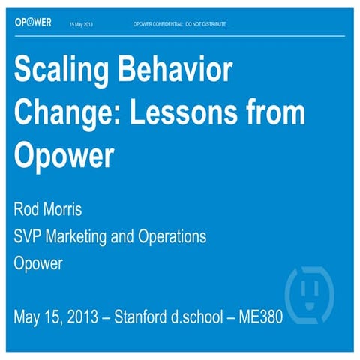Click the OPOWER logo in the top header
[x=33, y=22]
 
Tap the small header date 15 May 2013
[x=82, y=24]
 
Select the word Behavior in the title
[x=178, y=72]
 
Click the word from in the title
[x=276, y=113]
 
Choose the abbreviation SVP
[x=29, y=236]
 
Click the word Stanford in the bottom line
[x=147, y=316]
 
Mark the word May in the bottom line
[x=28, y=316]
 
